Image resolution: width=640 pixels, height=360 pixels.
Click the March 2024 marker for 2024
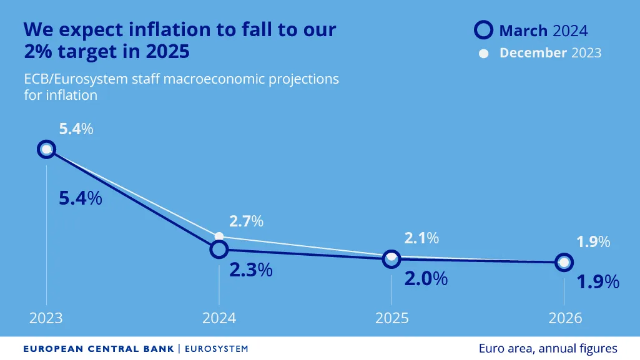click(219, 250)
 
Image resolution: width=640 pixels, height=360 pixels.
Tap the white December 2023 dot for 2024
click(219, 236)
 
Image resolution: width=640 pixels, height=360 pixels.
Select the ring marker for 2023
click(46, 149)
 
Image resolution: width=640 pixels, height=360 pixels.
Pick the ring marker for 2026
click(564, 263)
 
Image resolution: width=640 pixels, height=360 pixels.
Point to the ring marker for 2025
click(391, 258)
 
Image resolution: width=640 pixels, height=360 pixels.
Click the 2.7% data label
click(246, 221)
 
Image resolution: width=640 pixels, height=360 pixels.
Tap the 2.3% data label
click(250, 270)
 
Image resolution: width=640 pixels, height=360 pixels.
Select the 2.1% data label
click(421, 238)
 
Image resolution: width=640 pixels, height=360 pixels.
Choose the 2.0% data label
click(426, 278)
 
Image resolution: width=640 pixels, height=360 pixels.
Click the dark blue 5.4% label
click(80, 198)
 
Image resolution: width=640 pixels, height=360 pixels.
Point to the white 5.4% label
click(76, 129)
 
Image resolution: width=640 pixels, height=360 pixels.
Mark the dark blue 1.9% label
click(598, 281)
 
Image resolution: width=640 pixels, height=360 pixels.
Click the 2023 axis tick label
click(46, 318)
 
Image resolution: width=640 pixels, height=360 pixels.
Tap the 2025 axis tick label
click(391, 318)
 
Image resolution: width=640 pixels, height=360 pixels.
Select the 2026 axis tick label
click(564, 318)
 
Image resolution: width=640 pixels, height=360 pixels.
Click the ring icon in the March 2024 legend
click(484, 30)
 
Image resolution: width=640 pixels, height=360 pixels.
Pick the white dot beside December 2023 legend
click(483, 54)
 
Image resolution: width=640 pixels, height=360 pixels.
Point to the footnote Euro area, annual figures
click(548, 348)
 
